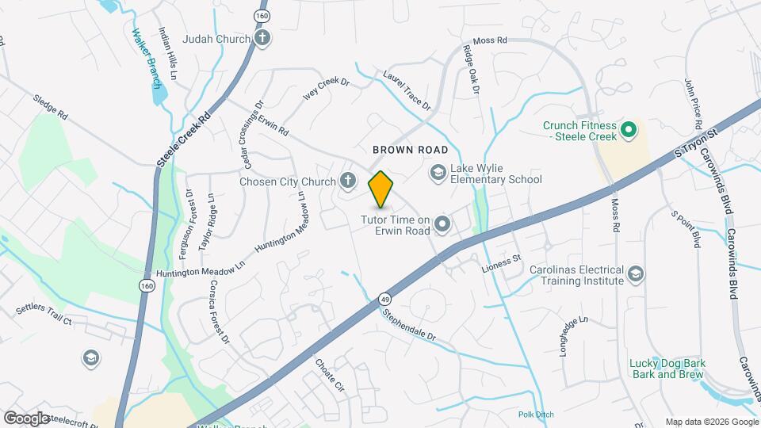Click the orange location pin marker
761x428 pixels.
(380, 189)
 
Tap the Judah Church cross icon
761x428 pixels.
(262, 38)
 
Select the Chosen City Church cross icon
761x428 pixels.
(346, 182)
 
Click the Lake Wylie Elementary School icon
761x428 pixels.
(437, 172)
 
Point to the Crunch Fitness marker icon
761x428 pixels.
(628, 128)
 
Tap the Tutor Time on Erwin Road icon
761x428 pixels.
(442, 225)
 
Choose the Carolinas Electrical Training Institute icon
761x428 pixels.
(635, 274)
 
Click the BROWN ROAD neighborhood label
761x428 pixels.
(411, 150)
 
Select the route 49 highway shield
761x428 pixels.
(384, 299)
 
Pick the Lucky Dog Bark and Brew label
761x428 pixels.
(667, 369)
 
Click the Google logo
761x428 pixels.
(26, 418)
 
